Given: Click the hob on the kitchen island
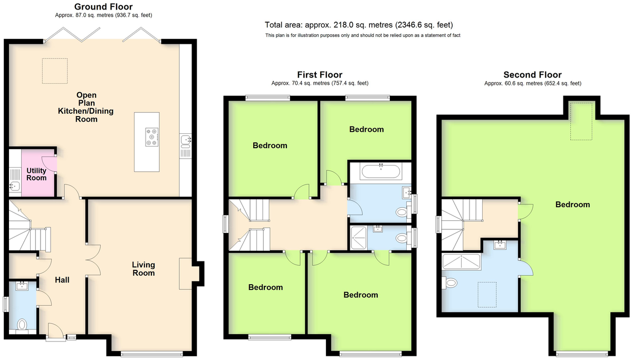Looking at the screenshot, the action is coord(152,137).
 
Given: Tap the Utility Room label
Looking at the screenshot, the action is coord(36,174).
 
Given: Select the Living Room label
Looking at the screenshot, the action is coord(143,269).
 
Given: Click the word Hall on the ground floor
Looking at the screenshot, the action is coord(62,280).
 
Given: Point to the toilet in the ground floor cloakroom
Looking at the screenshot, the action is coord(22,325).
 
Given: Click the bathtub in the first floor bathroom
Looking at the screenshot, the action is coord(381,172).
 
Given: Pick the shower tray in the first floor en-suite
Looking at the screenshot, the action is coord(359,238).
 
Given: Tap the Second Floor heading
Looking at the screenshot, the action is coord(533,75).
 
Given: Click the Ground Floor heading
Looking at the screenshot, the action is coord(103,6).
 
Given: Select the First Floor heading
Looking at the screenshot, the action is coord(320,75).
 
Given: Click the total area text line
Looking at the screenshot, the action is coord(359,25).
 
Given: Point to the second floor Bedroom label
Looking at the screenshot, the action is coord(572,205).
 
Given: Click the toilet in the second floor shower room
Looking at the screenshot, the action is coord(450,283).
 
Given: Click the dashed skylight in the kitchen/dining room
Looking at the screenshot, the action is coord(55,71).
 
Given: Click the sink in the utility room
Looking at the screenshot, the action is coord(14,187).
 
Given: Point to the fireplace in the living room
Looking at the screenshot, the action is coord(186,274).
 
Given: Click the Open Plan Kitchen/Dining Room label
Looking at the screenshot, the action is coord(86,107).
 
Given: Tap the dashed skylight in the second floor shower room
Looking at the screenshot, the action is coord(487,295).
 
